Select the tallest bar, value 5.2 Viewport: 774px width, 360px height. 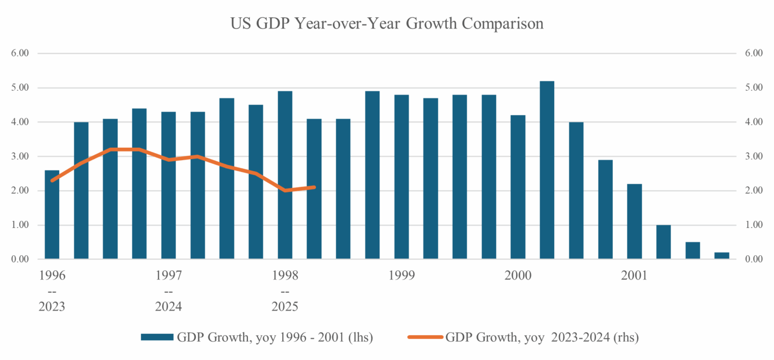pos(547,170)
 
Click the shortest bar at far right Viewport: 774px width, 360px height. pos(721,256)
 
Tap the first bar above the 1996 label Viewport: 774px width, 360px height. pos(52,215)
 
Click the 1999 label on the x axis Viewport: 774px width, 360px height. pos(402,276)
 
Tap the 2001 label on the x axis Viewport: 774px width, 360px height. pos(634,276)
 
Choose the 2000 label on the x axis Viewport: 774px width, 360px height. pos(518,276)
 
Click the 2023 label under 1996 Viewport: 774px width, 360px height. pos(52,307)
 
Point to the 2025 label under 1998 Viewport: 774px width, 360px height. pos(285,307)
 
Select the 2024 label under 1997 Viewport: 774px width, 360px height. pos(168,307)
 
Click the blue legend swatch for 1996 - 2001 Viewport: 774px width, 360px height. pos(157,337)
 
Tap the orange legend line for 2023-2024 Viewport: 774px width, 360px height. pos(425,337)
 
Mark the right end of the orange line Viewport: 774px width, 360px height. pos(314,187)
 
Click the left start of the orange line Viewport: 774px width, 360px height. pos(52,181)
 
